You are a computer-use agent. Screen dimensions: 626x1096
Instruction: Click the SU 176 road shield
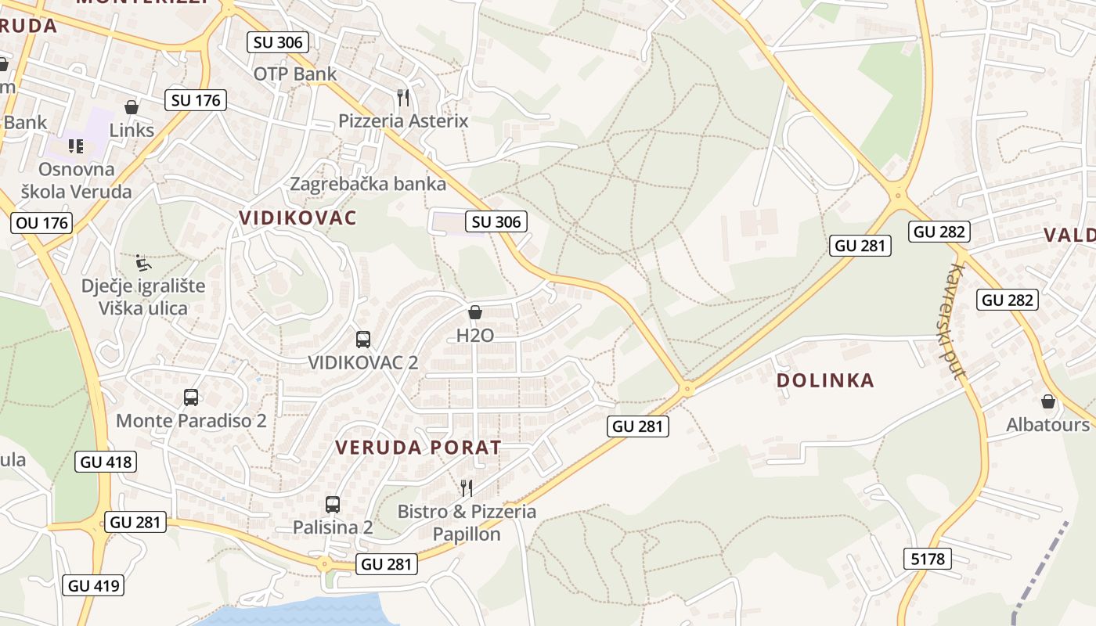tap(196, 100)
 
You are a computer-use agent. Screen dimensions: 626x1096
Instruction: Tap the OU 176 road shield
tap(42, 223)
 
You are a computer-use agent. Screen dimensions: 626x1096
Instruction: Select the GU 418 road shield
tap(106, 462)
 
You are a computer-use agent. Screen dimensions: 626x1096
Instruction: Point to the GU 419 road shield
tap(96, 585)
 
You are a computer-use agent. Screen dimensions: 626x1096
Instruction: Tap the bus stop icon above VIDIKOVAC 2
tap(362, 339)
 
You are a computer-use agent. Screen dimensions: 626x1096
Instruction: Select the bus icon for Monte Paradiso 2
tap(191, 397)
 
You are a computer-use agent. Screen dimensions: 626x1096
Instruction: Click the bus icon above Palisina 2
tap(333, 504)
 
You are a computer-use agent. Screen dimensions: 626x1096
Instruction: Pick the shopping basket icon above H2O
tap(474, 313)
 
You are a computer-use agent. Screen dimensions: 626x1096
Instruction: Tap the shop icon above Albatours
tap(1047, 402)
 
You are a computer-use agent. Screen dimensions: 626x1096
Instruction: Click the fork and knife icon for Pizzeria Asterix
tap(403, 98)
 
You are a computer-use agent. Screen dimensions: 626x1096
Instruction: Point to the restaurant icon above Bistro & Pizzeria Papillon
tap(467, 488)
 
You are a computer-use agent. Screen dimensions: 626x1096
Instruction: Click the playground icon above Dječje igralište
tap(142, 262)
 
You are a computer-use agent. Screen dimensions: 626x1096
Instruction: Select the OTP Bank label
tap(295, 74)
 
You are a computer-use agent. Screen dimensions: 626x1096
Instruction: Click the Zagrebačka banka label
tap(368, 185)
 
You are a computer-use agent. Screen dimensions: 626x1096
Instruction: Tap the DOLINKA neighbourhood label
tap(825, 380)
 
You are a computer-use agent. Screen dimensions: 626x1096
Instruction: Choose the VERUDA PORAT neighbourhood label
tap(418, 448)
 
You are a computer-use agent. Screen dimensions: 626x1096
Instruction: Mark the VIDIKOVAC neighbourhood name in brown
tap(297, 218)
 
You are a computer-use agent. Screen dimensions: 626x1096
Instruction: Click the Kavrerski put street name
tap(956, 321)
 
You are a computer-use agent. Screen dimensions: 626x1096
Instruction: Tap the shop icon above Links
tap(132, 107)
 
